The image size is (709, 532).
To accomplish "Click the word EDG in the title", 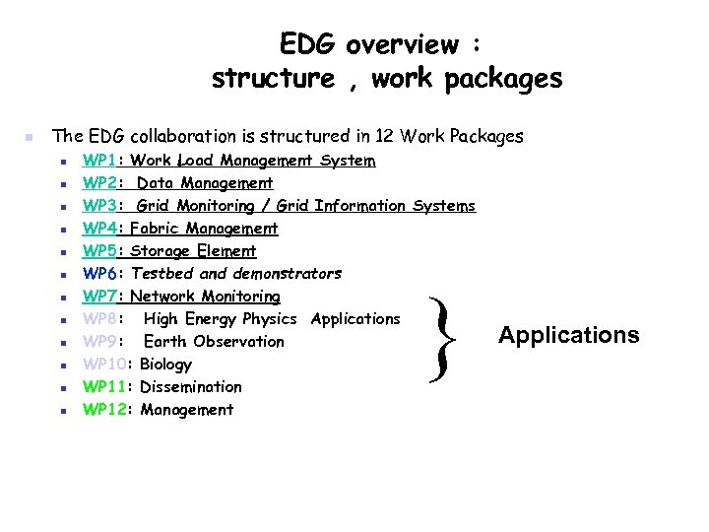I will (306, 44).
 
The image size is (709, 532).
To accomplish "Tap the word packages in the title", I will (504, 79).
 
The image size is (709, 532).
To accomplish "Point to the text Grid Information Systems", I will (376, 206).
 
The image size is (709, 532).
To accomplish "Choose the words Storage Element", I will (193, 251).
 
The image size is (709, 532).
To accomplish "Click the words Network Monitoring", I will (205, 297).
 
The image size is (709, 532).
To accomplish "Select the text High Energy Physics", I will (220, 319).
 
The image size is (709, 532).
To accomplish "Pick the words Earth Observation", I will (214, 342).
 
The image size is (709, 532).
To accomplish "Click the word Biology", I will (166, 365).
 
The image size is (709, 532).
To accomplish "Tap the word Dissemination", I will (191, 387).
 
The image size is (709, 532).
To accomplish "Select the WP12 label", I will (104, 410).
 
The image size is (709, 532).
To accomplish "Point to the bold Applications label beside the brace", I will (568, 335).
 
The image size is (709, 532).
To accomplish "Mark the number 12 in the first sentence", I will (375, 136).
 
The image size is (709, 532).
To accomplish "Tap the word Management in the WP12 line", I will (187, 410).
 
